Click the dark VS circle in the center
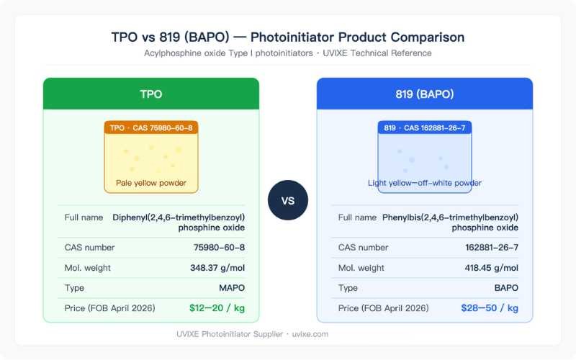click(x=288, y=200)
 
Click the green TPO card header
click(x=151, y=94)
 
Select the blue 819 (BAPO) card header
click(x=425, y=94)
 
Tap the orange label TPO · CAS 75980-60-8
click(x=151, y=127)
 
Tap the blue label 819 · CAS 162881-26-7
click(x=425, y=127)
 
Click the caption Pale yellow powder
click(x=151, y=183)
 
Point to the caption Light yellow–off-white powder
click(x=425, y=183)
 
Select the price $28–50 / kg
click(x=490, y=308)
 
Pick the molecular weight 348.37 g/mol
click(x=212, y=268)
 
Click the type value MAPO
click(x=230, y=288)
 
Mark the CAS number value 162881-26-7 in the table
click(x=492, y=248)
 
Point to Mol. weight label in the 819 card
click(x=361, y=268)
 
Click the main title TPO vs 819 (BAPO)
click(x=288, y=37)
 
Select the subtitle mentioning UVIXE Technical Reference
click(x=288, y=53)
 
